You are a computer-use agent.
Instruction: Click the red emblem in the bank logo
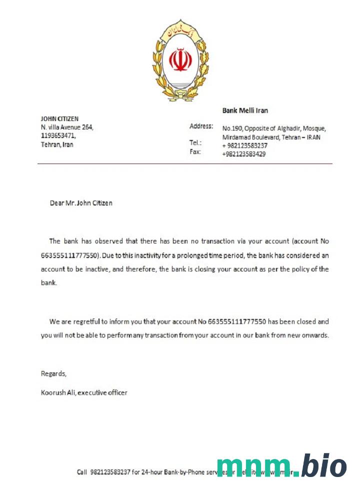180,59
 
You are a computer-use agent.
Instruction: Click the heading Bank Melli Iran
245,110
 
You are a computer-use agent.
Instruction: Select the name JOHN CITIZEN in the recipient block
59,119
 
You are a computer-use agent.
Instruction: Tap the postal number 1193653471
58,135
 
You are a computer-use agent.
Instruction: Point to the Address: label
201,126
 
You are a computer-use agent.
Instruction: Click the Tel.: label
195,142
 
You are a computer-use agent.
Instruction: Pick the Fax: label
195,151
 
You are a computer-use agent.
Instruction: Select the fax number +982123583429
244,154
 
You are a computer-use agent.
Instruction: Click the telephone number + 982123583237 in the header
244,145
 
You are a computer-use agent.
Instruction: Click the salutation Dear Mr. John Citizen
81,203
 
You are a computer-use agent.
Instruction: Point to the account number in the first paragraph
70,255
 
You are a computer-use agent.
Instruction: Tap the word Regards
53,373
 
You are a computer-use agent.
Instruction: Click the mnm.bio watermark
281,466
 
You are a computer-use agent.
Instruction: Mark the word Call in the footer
82,472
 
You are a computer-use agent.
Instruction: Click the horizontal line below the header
184,163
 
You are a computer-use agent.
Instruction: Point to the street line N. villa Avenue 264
67,127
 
